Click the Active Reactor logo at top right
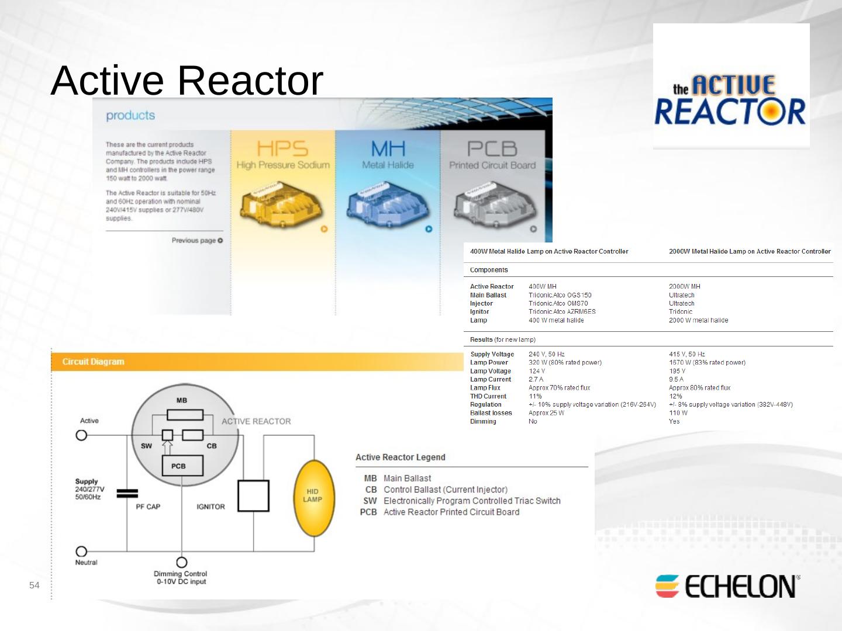(x=731, y=100)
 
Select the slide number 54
(x=34, y=585)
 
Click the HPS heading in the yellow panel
(x=282, y=148)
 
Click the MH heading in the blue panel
(x=388, y=148)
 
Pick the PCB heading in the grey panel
(x=492, y=148)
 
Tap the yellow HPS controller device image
(x=281, y=204)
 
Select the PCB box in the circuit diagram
(x=182, y=466)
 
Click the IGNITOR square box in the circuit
(x=253, y=496)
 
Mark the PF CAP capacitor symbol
(x=127, y=493)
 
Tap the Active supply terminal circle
(x=81, y=435)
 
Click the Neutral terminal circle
(x=81, y=552)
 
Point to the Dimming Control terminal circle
(x=182, y=562)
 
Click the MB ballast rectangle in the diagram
(x=185, y=415)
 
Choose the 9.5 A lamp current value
(x=676, y=379)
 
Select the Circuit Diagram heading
(x=94, y=362)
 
